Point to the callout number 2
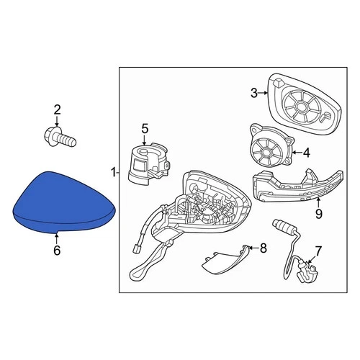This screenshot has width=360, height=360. coord(58,109)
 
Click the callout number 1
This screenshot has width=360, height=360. coord(113,172)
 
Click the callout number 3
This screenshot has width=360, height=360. coord(253,92)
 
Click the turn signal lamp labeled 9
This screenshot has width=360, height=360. coord(285,191)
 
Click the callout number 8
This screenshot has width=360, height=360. coord(263,248)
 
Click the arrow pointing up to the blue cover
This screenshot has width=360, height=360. coord(57,235)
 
